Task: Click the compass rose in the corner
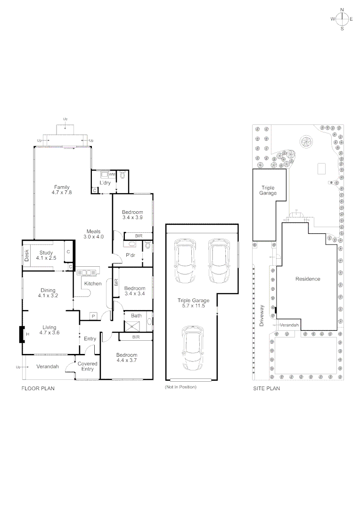pos(343,19)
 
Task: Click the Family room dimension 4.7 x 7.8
pos(62,192)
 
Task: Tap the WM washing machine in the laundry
pos(112,174)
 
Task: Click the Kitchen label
pos(92,284)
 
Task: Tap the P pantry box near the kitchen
pos(93,316)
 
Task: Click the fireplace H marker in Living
pos(27,334)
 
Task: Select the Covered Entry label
pos(87,367)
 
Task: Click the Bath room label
pos(136,315)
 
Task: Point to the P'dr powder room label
pos(131,255)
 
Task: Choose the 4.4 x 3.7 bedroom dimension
pos(127,361)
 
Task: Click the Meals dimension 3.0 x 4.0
pos(93,237)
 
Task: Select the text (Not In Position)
pos(180,387)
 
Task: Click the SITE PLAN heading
pos(267,389)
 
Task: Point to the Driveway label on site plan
pos(262,312)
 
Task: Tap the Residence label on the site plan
pos(308,279)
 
